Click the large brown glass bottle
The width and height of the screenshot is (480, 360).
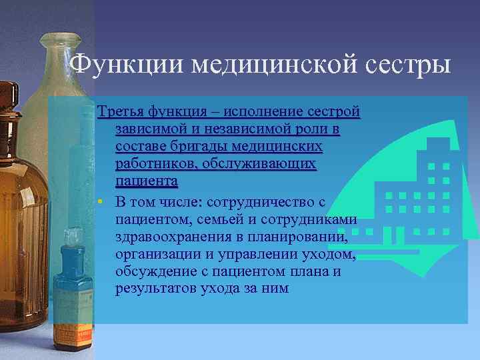coord(23,200)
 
